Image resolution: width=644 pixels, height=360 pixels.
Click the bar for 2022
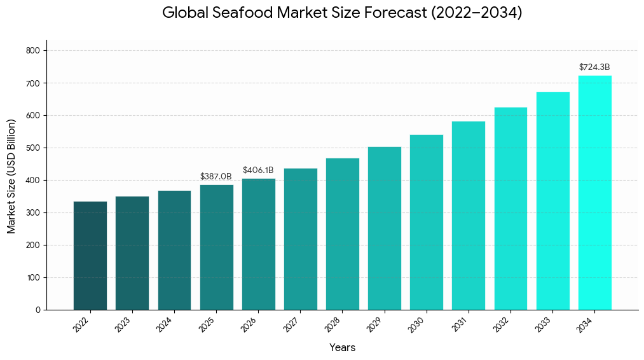click(90, 256)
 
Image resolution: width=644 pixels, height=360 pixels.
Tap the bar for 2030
click(426, 222)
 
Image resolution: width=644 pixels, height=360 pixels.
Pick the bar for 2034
click(594, 193)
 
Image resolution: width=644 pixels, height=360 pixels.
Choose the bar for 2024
click(174, 250)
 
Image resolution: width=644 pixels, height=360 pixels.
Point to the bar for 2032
click(510, 209)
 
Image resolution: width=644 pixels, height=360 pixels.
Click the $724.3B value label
click(594, 67)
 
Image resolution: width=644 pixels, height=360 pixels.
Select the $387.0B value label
click(216, 176)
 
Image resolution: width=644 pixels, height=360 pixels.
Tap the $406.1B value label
click(258, 170)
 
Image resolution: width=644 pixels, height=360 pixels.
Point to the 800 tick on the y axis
click(33, 51)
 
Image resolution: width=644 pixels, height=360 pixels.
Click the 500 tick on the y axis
click(33, 148)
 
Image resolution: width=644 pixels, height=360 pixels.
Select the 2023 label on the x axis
click(123, 324)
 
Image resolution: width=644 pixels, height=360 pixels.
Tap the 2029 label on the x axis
click(375, 324)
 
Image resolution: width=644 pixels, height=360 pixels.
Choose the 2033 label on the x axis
click(544, 324)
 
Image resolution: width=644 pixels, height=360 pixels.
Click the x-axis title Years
click(342, 348)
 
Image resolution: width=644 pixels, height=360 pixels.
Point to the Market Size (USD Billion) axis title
click(11, 176)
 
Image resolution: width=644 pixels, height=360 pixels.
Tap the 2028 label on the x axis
click(333, 324)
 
